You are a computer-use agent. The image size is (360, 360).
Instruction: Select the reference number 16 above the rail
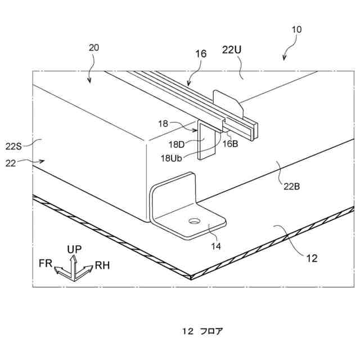click(x=201, y=54)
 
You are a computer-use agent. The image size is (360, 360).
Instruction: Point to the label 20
click(x=94, y=48)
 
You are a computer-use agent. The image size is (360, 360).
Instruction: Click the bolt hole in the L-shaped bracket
click(x=194, y=221)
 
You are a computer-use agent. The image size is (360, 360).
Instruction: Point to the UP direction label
click(x=75, y=249)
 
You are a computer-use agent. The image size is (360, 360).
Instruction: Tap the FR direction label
click(x=46, y=263)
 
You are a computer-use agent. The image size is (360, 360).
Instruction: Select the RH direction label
click(x=102, y=264)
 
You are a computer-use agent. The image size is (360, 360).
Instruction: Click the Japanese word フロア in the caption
click(x=212, y=330)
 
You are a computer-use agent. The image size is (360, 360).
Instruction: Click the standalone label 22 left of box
click(x=11, y=163)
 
